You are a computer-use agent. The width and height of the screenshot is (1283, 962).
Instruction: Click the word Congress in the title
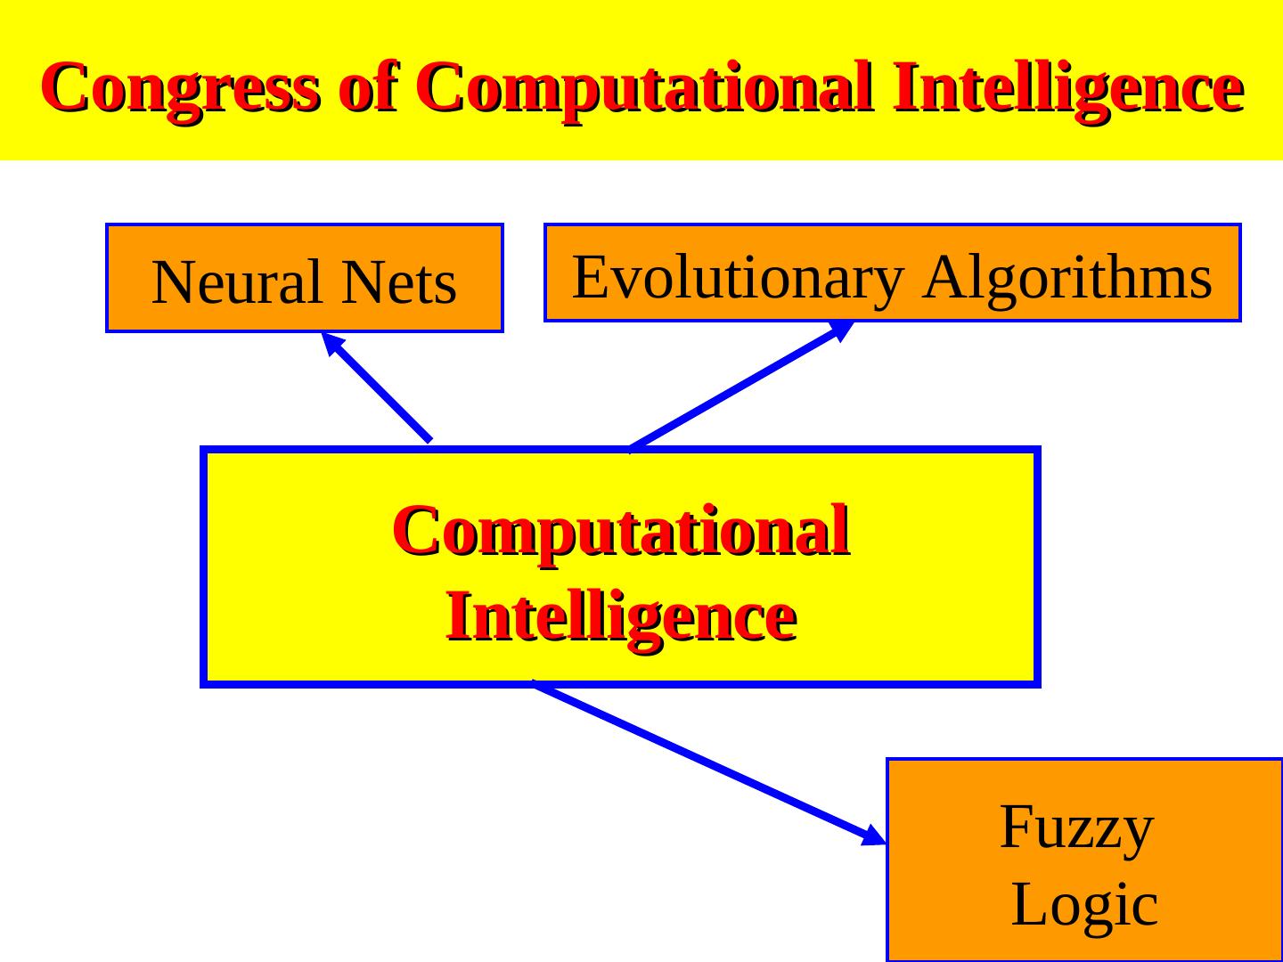click(x=179, y=88)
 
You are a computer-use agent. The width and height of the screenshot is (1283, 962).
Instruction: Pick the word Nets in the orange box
click(x=398, y=282)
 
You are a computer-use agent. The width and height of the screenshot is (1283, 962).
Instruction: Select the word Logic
click(x=1084, y=904)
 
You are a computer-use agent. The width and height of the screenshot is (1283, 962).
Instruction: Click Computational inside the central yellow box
click(x=621, y=531)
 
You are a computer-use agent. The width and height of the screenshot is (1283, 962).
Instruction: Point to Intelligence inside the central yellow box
click(x=621, y=616)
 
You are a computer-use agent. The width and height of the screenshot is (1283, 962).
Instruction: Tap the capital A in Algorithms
click(x=945, y=276)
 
